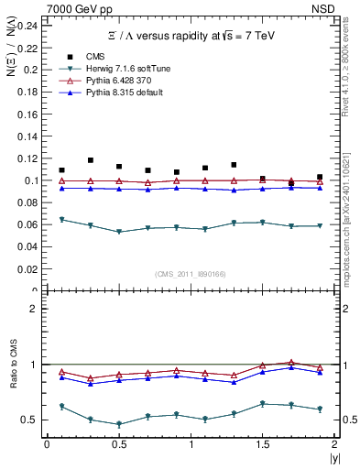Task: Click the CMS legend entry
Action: pos(105,57)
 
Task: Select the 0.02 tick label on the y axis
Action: pos(27,269)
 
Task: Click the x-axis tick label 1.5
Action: pos(262,444)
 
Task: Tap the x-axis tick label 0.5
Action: pos(118,444)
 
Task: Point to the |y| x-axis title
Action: pos(333,457)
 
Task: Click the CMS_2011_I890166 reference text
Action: pos(189,273)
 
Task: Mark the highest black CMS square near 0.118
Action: pos(91,160)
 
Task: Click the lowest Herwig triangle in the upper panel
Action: pos(119,232)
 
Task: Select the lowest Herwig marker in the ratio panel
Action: pos(119,424)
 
